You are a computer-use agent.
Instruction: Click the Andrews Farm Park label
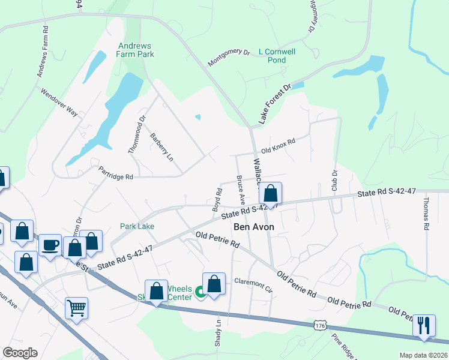[136, 50]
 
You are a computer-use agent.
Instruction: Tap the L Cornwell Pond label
[277, 56]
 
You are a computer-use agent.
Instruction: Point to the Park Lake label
[137, 226]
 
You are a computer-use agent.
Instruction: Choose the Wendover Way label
[59, 103]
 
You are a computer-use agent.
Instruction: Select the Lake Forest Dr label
[274, 106]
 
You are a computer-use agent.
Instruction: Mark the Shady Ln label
[218, 331]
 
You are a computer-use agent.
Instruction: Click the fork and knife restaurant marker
[424, 325]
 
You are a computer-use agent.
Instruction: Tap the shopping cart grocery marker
[77, 308]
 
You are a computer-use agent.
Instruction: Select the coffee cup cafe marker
[50, 245]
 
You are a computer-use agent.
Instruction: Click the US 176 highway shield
[319, 325]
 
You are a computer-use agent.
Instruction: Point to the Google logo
[20, 353]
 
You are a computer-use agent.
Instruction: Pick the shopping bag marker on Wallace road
[271, 194]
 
